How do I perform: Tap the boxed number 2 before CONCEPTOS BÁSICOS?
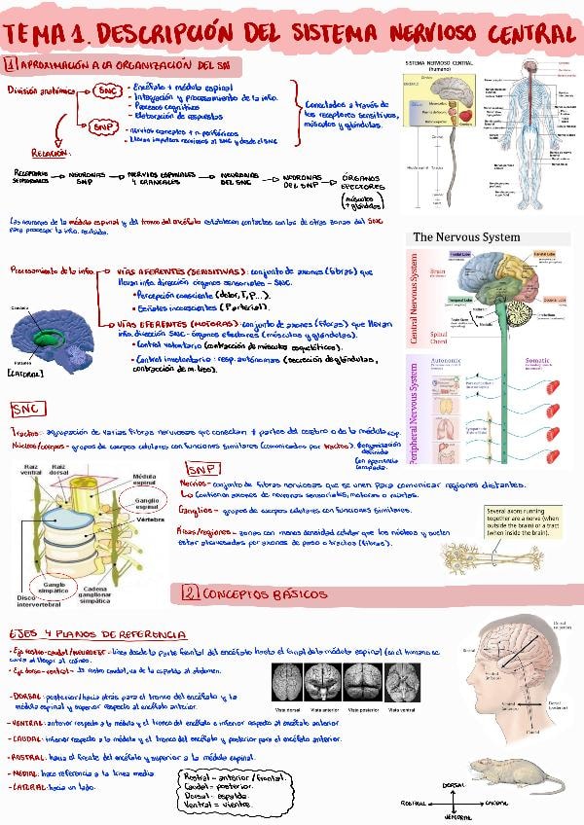[190, 592]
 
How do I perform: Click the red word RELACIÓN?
[49, 153]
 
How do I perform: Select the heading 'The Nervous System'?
[467, 237]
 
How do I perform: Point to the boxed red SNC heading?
[26, 408]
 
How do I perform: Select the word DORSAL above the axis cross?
[454, 783]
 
